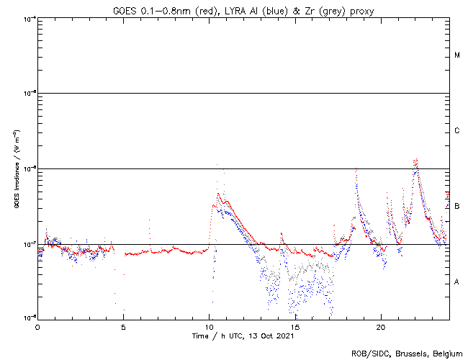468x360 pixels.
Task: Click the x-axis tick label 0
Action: click(37, 326)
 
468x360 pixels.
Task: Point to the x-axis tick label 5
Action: click(123, 326)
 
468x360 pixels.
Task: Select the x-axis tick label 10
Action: click(209, 326)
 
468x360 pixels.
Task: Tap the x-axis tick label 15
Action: click(294, 326)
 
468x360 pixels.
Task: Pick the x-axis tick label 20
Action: click(380, 326)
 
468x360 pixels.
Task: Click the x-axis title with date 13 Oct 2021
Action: click(243, 336)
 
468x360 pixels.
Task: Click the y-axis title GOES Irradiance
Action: click(16, 168)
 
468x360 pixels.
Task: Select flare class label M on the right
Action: click(457, 55)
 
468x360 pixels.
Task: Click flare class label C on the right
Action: click(457, 131)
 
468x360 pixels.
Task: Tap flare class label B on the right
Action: click(457, 207)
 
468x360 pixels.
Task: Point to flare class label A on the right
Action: click(457, 282)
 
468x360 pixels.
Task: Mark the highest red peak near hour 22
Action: click(415, 159)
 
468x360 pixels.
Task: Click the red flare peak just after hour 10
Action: click(218, 193)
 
